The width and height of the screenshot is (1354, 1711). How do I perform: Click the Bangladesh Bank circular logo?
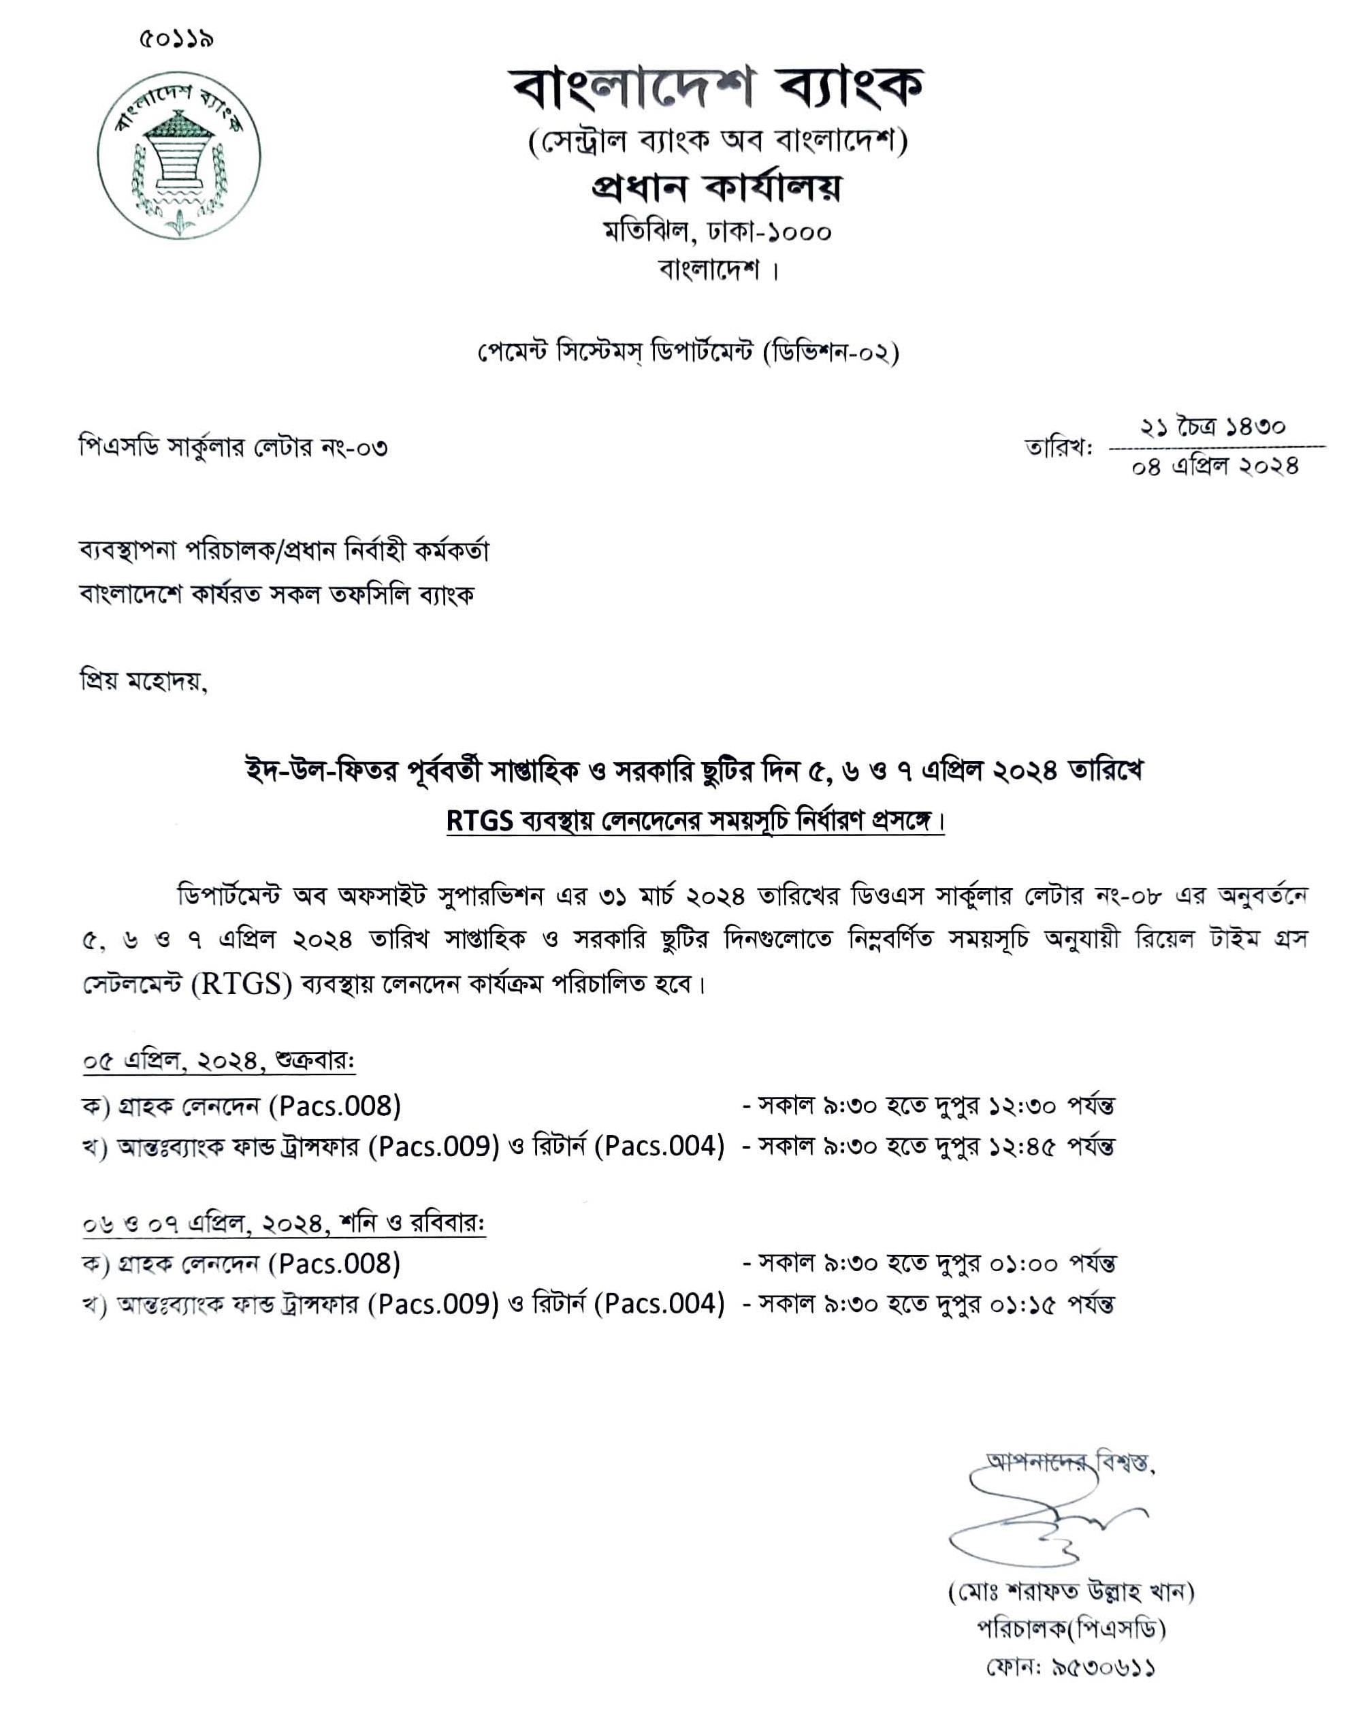[x=179, y=155]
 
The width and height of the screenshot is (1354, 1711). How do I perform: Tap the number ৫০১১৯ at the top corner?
[x=176, y=38]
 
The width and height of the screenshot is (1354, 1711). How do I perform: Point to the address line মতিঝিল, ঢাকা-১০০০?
[x=718, y=231]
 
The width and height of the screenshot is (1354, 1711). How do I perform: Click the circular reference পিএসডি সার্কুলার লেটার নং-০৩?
[x=233, y=448]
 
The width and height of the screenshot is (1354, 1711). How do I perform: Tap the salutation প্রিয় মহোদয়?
[x=144, y=681]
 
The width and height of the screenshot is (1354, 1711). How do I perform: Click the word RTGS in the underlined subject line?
[x=480, y=820]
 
